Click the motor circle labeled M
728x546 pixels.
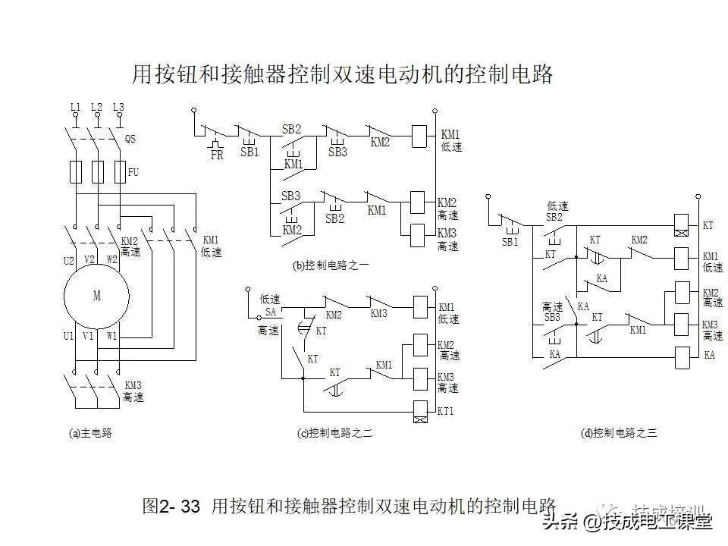point(97,297)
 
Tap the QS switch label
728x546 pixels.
point(130,139)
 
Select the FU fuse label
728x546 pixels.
point(133,173)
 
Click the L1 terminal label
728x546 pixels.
point(75,107)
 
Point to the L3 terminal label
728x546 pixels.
point(118,107)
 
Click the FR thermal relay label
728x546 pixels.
point(217,155)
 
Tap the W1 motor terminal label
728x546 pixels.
point(111,334)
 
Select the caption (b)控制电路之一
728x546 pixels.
point(331,265)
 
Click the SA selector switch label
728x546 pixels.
point(271,312)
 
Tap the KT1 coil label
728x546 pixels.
point(447,411)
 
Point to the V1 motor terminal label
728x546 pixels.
point(89,334)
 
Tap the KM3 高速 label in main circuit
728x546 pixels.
point(133,391)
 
